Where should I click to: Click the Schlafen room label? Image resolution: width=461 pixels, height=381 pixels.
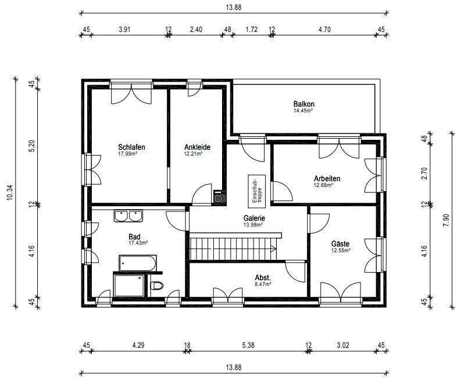[131, 147]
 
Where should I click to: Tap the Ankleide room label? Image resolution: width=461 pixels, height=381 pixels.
[197, 147]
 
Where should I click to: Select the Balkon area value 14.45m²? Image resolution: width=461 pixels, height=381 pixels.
[303, 111]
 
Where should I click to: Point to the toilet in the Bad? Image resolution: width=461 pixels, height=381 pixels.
[157, 285]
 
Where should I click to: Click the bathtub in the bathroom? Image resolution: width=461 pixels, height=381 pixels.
[138, 263]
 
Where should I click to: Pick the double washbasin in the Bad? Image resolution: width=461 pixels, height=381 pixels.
[128, 216]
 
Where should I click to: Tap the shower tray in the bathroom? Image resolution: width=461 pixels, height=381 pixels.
[129, 285]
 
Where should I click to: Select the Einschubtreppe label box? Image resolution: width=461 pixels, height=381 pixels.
[257, 192]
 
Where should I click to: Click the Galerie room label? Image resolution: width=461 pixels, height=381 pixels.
[254, 218]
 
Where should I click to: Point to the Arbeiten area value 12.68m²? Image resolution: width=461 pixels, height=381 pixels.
[323, 185]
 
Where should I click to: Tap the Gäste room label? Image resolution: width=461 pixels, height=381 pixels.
[340, 244]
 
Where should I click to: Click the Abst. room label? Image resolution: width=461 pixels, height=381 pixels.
[263, 277]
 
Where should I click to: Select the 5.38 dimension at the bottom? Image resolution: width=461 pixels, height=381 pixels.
[248, 345]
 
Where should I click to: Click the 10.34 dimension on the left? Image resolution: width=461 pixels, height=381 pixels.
[9, 193]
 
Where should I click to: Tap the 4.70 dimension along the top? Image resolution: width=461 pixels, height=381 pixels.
[324, 30]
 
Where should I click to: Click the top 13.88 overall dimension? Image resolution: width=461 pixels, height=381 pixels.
[234, 8]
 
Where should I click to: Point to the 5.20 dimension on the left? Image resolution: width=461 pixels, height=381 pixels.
[32, 146]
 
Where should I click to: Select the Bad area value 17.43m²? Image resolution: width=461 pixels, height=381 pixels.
[138, 243]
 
